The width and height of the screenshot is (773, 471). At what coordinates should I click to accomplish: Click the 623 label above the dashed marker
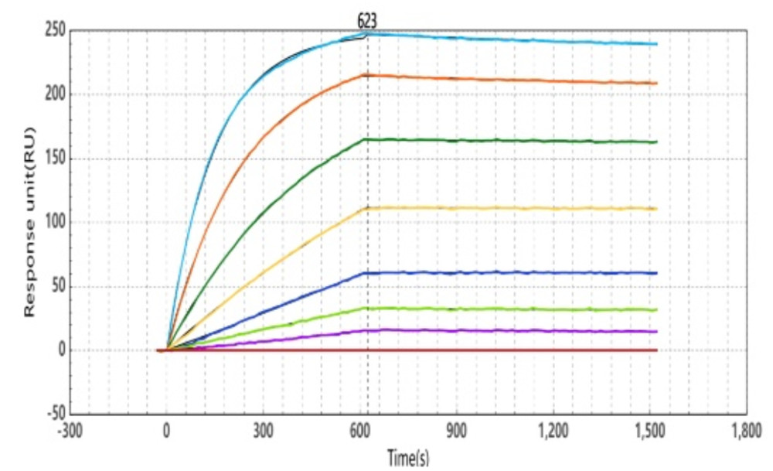point(367,22)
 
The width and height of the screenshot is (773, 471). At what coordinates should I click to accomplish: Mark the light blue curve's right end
point(656,44)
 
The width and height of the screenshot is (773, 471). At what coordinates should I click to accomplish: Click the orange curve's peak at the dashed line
point(367,75)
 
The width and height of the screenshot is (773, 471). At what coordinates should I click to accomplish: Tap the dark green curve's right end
point(656,142)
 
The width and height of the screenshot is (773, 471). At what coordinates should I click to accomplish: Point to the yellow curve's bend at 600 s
point(367,208)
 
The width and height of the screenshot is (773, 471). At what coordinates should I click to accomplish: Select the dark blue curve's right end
point(656,273)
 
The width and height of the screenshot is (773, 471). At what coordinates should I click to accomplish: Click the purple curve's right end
point(656,331)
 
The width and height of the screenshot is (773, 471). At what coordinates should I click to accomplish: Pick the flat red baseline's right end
point(656,350)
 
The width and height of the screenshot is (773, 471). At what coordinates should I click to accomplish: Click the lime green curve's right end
point(656,310)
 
